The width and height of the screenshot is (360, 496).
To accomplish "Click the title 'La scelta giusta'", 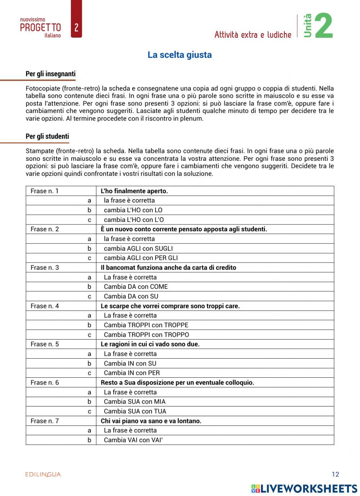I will point(180,55).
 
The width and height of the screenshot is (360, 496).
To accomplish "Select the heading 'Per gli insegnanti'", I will point(50,74).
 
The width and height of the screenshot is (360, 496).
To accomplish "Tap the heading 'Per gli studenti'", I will point(47,137).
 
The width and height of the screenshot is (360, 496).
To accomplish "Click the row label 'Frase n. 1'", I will point(44,191).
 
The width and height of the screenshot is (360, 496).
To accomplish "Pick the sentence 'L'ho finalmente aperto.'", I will point(134,191).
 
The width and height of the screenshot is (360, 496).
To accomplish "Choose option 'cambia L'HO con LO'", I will point(133,210).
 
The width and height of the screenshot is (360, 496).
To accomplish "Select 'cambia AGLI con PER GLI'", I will point(141,258).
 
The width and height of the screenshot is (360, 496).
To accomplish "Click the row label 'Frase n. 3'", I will point(45,268).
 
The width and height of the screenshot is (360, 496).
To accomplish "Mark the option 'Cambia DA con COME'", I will point(136,287).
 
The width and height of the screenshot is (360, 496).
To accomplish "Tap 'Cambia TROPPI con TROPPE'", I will point(146,325).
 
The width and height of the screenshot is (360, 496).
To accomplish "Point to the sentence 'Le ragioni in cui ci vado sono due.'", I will point(150,344).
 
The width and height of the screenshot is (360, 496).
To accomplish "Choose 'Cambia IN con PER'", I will point(132,373).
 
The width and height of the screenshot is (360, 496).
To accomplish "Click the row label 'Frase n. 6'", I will point(45,383).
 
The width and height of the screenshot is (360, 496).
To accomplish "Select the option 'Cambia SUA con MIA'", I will point(135,402).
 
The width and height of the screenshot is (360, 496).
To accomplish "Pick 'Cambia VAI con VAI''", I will point(133,440).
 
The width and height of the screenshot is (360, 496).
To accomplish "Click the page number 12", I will point(335,474).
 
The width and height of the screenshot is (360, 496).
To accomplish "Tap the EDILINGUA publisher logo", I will point(43,475).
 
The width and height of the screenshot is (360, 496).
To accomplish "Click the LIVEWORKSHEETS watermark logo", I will point(304,488).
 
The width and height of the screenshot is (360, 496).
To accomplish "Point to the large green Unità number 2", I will point(324,26).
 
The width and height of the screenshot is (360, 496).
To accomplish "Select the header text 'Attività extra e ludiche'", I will point(253,35).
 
